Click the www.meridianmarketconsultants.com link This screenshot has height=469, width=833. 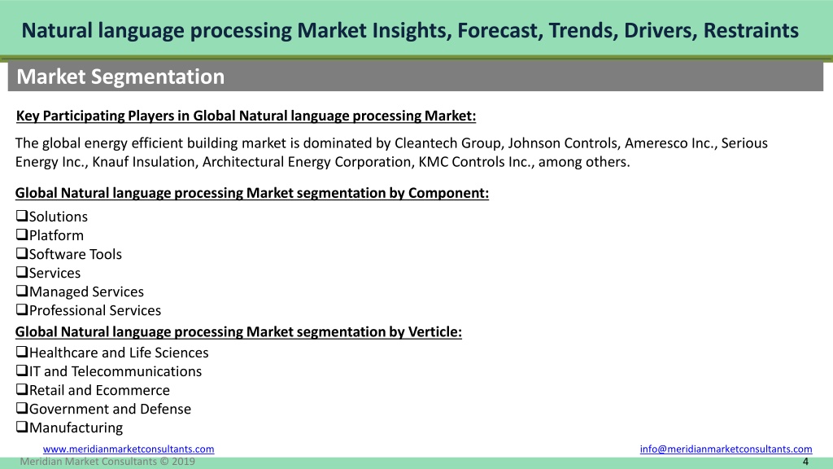point(129,449)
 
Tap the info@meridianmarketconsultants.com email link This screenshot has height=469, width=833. point(726,449)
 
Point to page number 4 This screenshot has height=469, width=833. point(805,462)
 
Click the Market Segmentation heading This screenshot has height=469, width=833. point(120,77)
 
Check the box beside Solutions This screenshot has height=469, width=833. point(22,215)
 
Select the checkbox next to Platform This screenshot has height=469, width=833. point(22,234)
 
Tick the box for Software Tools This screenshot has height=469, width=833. point(22,253)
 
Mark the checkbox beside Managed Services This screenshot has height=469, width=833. point(22,291)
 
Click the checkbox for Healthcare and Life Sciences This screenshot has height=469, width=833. point(22,352)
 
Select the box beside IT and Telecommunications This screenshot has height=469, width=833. point(22,370)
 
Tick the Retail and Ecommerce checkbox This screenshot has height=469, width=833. point(22,389)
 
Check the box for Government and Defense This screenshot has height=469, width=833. point(22,408)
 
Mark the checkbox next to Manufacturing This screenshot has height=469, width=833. point(22,427)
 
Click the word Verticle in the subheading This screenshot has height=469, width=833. point(434,332)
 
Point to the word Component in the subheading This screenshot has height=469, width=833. point(448,193)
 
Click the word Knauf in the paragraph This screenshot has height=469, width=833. point(108,162)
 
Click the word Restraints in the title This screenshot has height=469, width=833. point(751,30)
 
